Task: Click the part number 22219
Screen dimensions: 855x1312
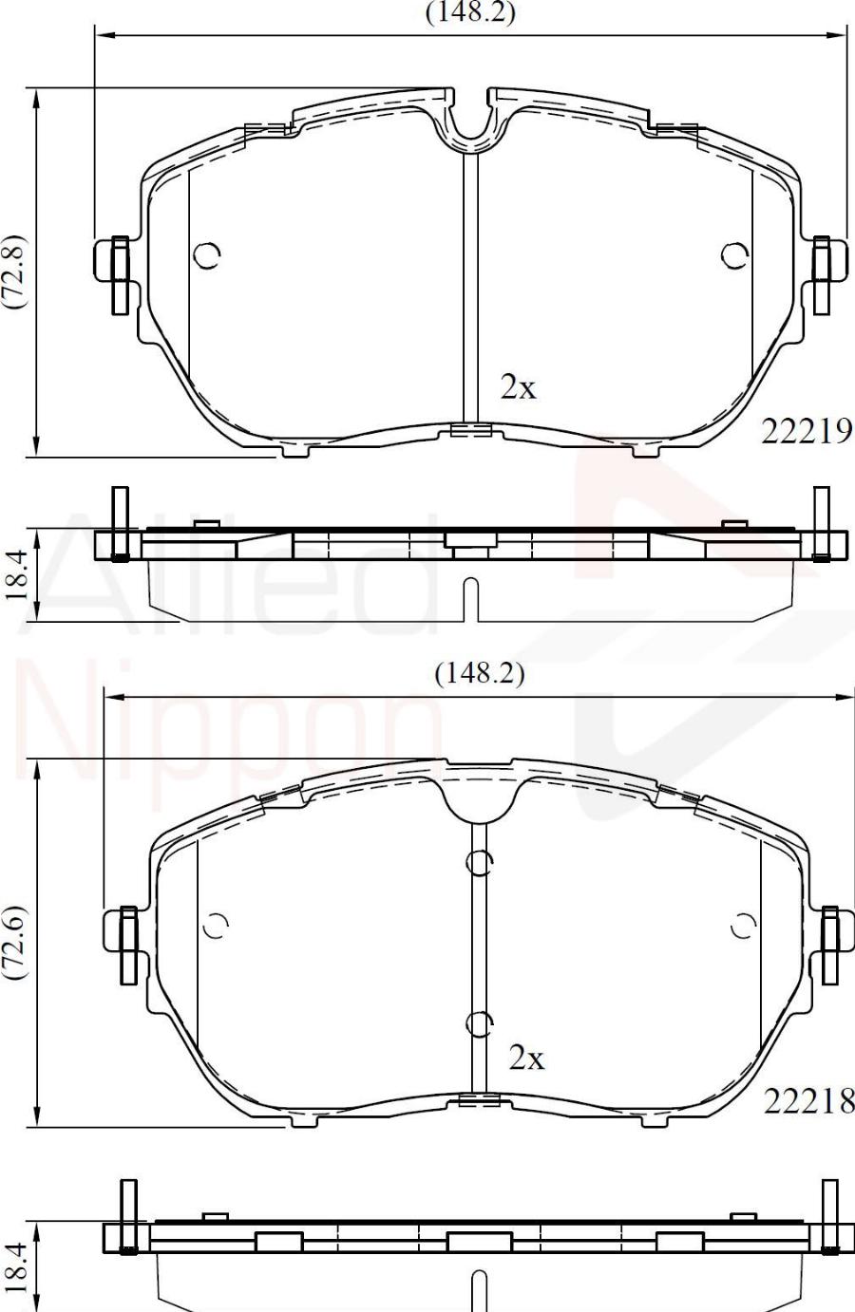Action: (807, 432)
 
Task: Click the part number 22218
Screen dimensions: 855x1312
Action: (809, 1101)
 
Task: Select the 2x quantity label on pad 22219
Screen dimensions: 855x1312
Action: (518, 386)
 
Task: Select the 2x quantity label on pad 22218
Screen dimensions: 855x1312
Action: (526, 1058)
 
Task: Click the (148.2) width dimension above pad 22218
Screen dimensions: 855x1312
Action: (480, 675)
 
